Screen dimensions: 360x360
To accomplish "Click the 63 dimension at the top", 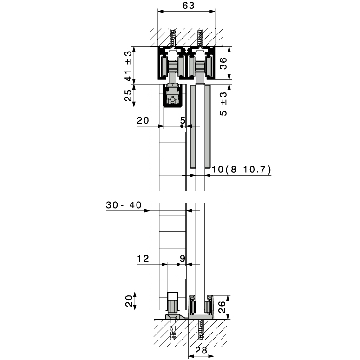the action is pyautogui.click(x=188, y=6).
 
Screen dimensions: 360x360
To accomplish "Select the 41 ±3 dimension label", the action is pyautogui.click(x=129, y=65).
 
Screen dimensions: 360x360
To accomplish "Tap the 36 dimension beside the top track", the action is pyautogui.click(x=223, y=63).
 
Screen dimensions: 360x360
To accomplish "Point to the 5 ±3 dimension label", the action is pyautogui.click(x=223, y=104).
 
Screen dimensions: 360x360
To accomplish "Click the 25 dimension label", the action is pyautogui.click(x=128, y=95).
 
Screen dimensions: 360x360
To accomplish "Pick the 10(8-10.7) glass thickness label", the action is pyautogui.click(x=241, y=170).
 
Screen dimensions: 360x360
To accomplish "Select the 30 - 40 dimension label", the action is pyautogui.click(x=124, y=205).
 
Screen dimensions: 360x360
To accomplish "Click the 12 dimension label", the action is pyautogui.click(x=143, y=259).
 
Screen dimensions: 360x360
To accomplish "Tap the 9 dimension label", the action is pyautogui.click(x=183, y=259).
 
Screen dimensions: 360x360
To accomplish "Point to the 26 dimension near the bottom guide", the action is pyautogui.click(x=222, y=307).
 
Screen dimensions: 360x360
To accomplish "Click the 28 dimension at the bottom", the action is pyautogui.click(x=201, y=350).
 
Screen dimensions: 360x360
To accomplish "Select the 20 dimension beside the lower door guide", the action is pyautogui.click(x=129, y=301).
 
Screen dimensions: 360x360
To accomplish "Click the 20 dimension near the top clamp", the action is pyautogui.click(x=143, y=120).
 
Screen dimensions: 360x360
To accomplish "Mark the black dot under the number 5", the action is pyautogui.click(x=182, y=126).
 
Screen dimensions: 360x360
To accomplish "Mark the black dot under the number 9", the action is pyautogui.click(x=178, y=264).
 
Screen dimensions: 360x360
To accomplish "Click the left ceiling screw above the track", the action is pyautogui.click(x=172, y=39).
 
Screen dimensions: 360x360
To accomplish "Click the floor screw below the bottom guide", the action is pyautogui.click(x=201, y=329).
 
